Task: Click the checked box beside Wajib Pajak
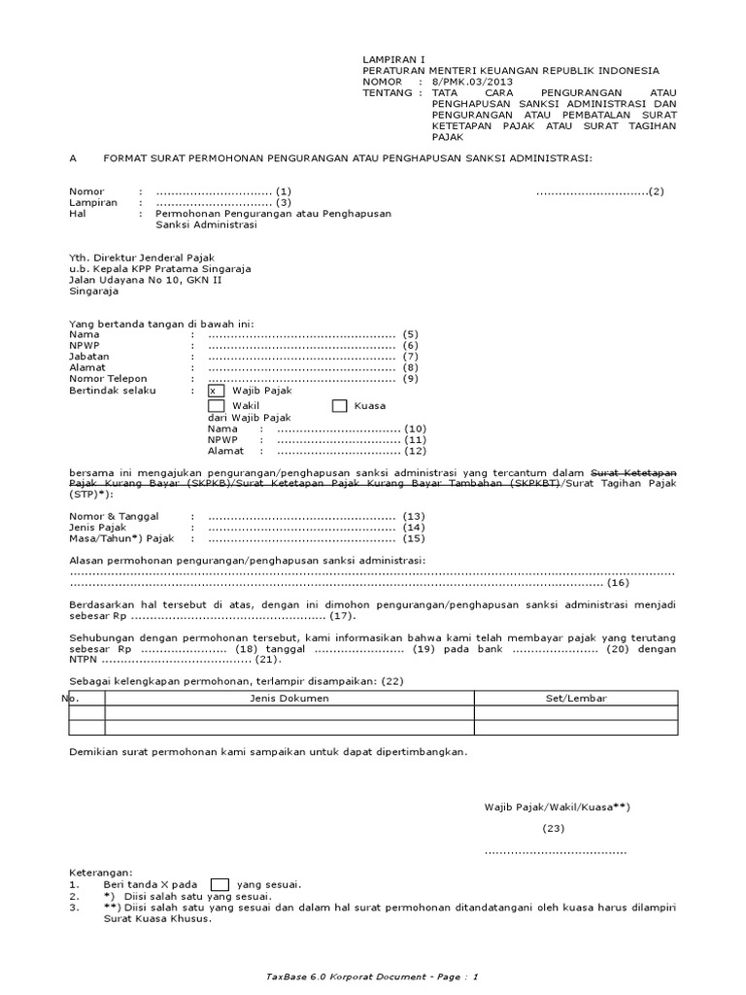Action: [x=216, y=391]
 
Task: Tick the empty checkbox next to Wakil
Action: [x=216, y=406]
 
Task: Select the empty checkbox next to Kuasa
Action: [x=340, y=406]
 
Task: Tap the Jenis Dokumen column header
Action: [x=289, y=699]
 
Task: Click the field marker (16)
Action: [x=618, y=583]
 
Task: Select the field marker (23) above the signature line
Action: [x=554, y=828]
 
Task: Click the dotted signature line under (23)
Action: [x=556, y=852]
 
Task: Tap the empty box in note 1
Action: [x=220, y=884]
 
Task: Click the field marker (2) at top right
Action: [x=657, y=191]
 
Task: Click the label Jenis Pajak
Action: [x=101, y=527]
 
